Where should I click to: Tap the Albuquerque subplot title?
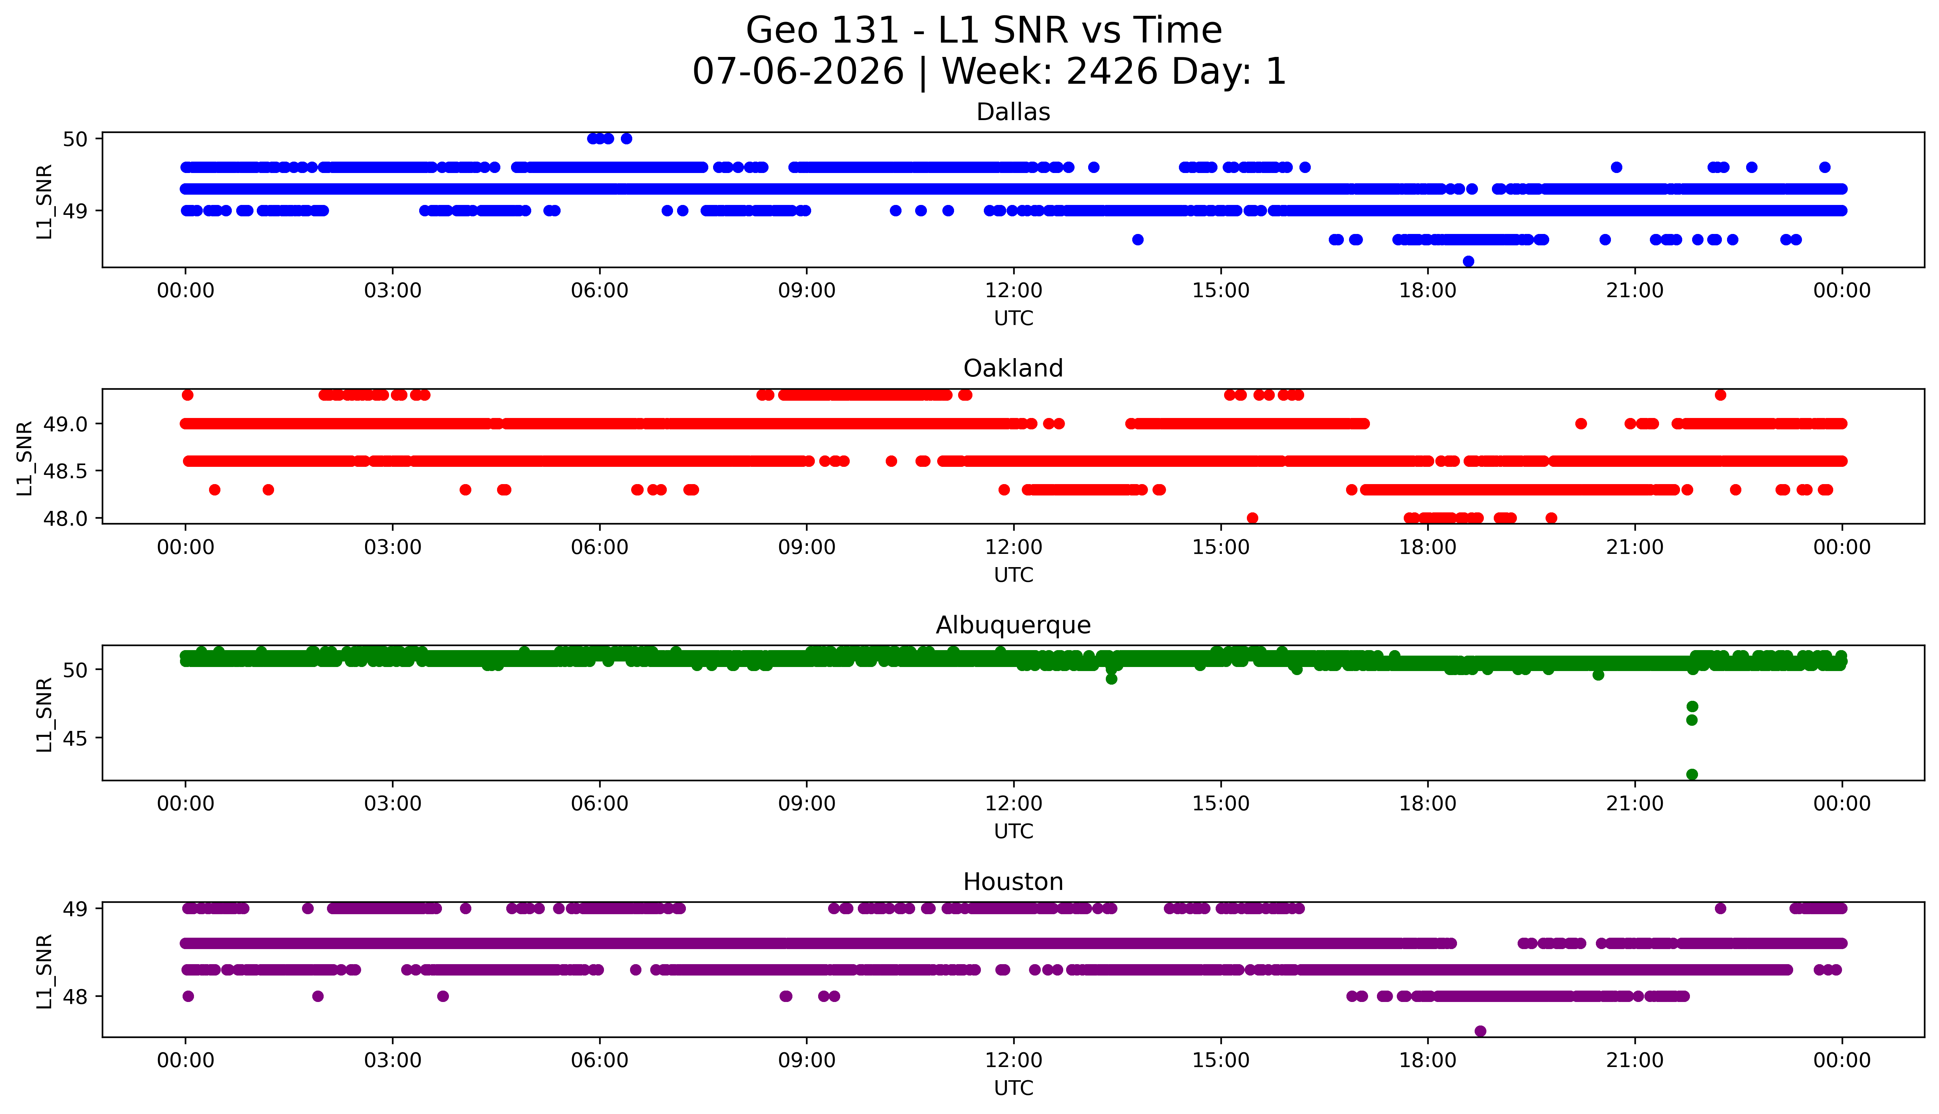(x=1013, y=625)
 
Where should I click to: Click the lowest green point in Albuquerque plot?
(x=1692, y=774)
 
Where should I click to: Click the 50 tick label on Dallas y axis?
(x=76, y=138)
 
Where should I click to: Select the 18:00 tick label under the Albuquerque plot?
(x=1428, y=803)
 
